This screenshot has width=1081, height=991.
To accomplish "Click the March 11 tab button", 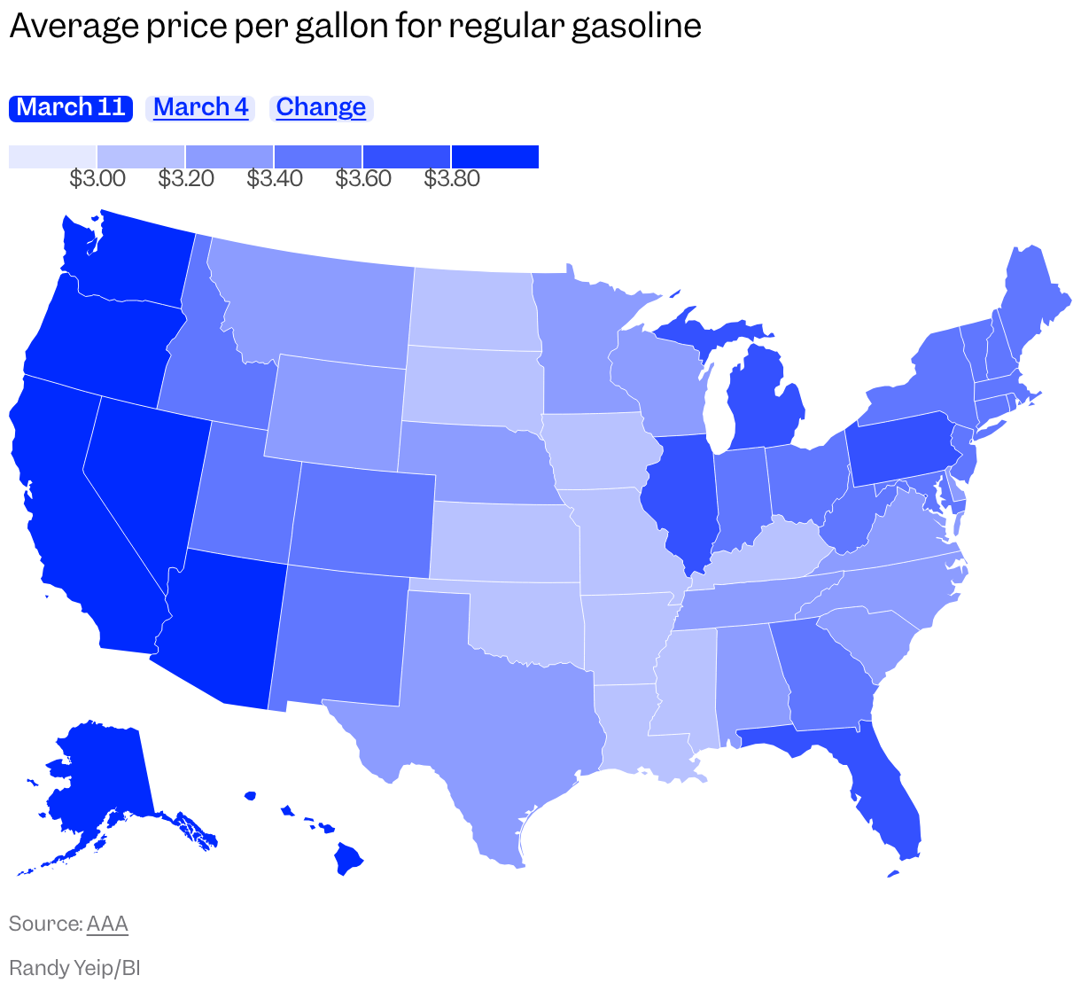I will pos(71,108).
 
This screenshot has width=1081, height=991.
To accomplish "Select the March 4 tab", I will pos(200,108).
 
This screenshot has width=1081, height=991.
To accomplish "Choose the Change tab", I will pos(321,108).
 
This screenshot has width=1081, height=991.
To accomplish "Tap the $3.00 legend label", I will pos(97,179).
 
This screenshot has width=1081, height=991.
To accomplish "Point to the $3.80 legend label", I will pos(452,179).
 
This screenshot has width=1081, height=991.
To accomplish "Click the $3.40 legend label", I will pos(275,179).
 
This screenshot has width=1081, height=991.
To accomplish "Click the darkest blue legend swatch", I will pos(495,157).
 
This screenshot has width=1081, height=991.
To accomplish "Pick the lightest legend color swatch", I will pos(52,157).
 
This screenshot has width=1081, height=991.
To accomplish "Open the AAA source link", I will pos(107,924).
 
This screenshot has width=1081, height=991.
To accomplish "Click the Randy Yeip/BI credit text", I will pos(74,967).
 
